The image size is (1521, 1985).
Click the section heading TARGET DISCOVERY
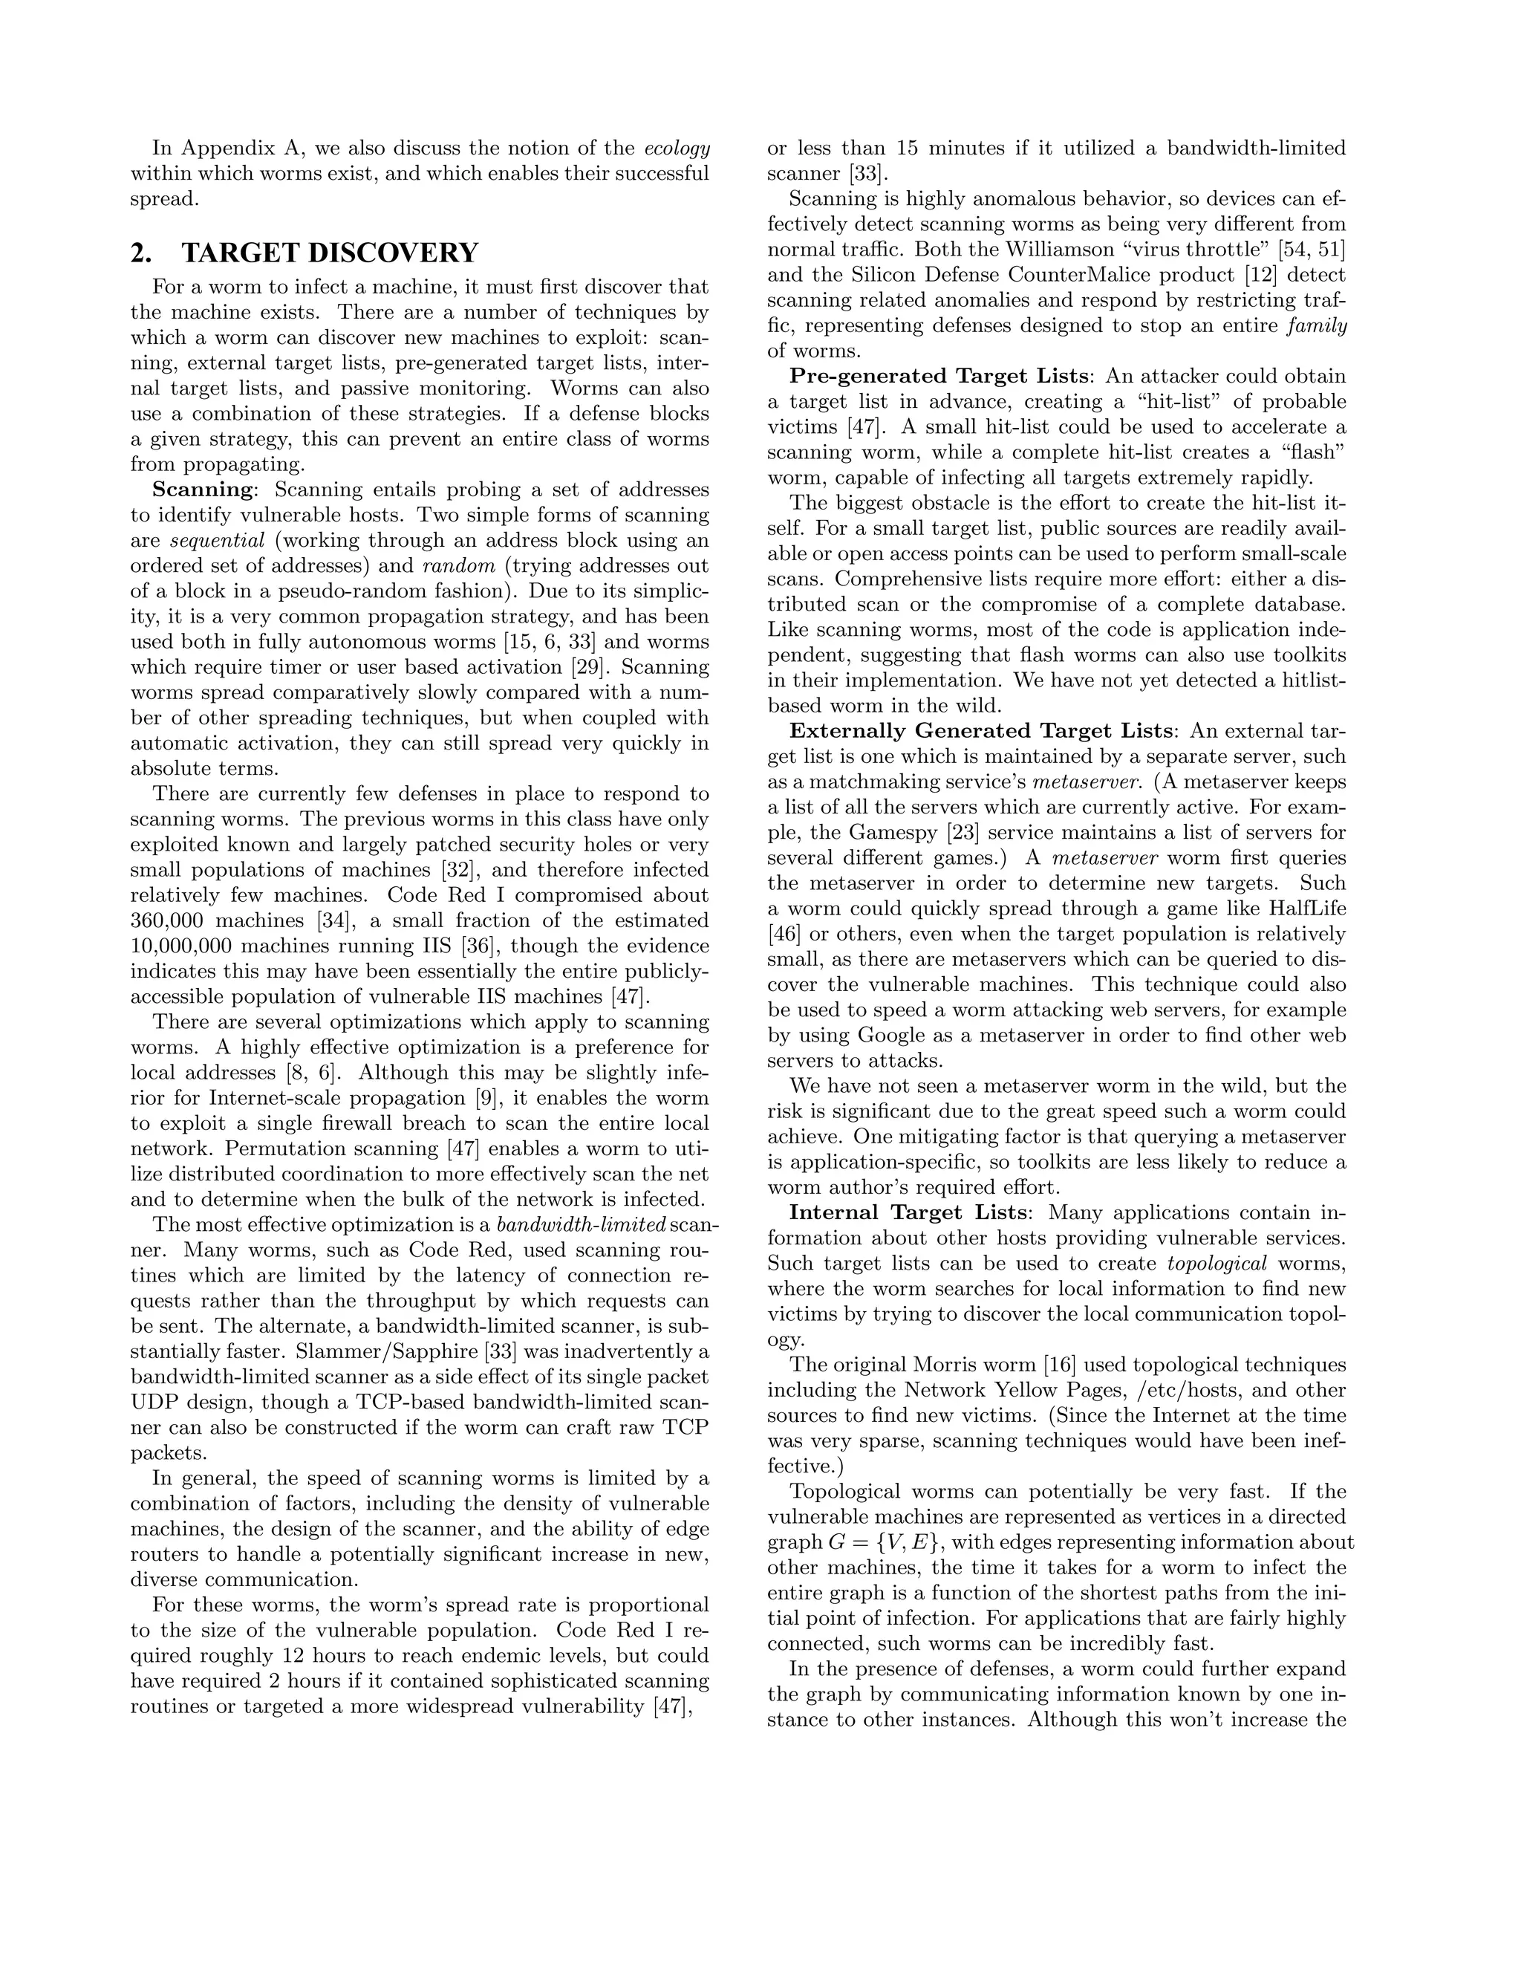(x=330, y=253)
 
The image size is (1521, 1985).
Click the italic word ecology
(x=677, y=149)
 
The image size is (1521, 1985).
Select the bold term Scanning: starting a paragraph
(x=206, y=490)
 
